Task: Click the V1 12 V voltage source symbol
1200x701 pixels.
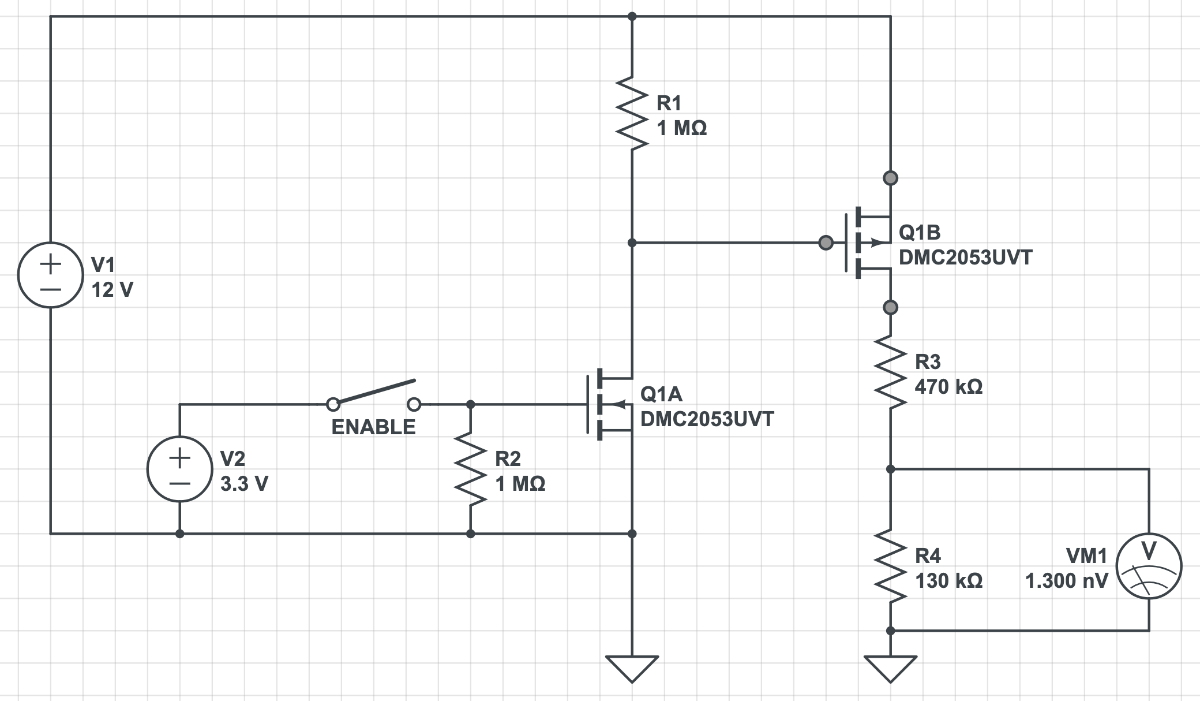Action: point(51,275)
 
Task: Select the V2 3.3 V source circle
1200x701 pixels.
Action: point(180,469)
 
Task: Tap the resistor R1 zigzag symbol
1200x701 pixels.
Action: point(632,113)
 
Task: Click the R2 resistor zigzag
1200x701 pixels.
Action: point(470,469)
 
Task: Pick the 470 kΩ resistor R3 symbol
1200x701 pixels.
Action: point(890,372)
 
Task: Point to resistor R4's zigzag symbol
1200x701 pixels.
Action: point(890,566)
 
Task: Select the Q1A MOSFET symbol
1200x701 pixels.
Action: point(612,404)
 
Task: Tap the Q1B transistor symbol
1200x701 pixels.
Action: point(868,243)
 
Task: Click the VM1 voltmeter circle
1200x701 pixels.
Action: point(1149,566)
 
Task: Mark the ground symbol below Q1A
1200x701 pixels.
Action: point(632,669)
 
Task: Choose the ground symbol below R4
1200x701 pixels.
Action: point(890,669)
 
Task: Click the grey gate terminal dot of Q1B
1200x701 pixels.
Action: point(826,243)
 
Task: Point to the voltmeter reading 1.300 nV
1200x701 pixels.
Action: point(1066,580)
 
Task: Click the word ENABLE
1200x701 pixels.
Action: point(373,427)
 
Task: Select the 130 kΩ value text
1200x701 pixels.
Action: point(948,580)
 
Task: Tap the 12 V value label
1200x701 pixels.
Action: point(112,289)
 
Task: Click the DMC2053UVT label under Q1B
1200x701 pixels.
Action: point(965,257)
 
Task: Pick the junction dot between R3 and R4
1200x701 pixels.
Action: point(890,469)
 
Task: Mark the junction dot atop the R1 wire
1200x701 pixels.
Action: point(632,16)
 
